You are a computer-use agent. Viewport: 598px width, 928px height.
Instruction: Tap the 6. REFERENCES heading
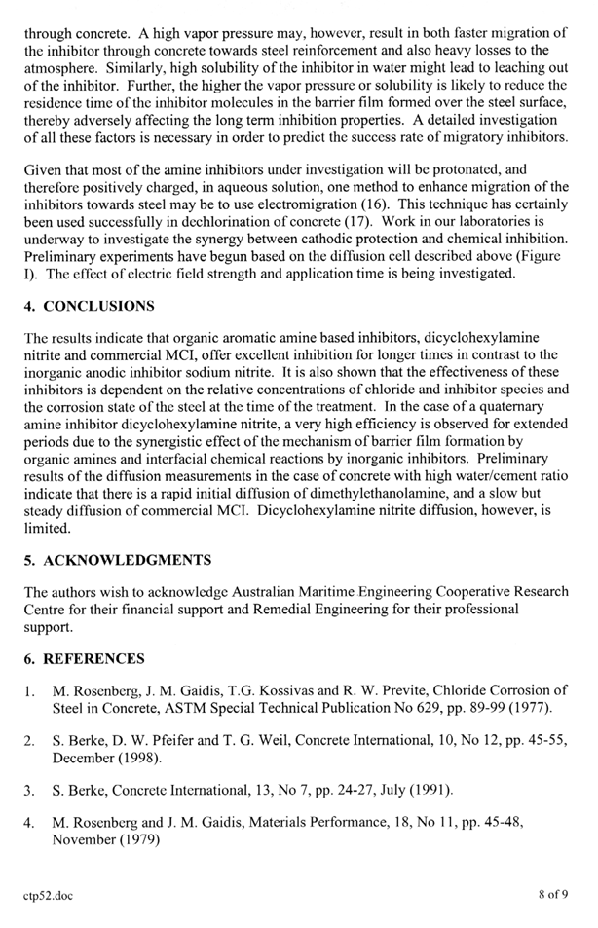tap(85, 659)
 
